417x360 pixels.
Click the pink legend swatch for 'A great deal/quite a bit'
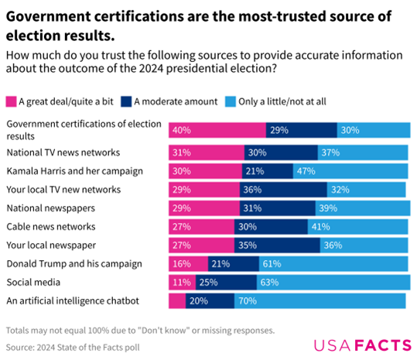(11, 101)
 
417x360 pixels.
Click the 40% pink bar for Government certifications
(217, 130)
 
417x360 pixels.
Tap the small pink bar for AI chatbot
(177, 300)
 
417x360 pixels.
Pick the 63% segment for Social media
(333, 282)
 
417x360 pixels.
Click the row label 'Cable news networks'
(50, 226)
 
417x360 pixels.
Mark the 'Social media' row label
(32, 282)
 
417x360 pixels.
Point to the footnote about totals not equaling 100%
(139, 329)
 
